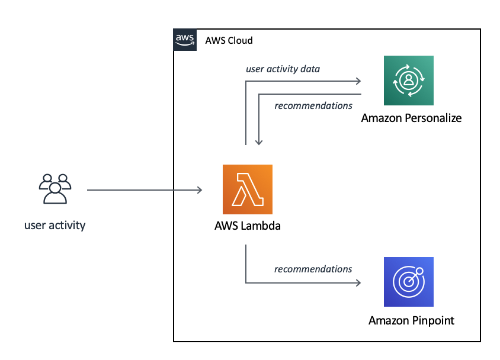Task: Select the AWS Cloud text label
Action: pyautogui.click(x=229, y=40)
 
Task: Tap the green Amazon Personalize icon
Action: pyautogui.click(x=408, y=81)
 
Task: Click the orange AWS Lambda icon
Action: pyautogui.click(x=247, y=189)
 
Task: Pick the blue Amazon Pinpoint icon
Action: pyautogui.click(x=408, y=282)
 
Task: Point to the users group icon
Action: pyautogui.click(x=55, y=189)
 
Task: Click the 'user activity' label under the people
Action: pyautogui.click(x=55, y=225)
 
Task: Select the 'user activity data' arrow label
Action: pyautogui.click(x=283, y=69)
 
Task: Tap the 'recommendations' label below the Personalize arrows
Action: pyautogui.click(x=313, y=105)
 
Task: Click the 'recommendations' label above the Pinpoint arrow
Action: pyautogui.click(x=313, y=269)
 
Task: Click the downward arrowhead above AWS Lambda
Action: pyautogui.click(x=258, y=142)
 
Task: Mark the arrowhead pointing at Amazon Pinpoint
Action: pyautogui.click(x=358, y=283)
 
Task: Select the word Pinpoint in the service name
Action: pyautogui.click(x=431, y=320)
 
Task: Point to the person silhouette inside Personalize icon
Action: pyautogui.click(x=408, y=79)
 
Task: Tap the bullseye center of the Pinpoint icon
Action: pyautogui.click(x=406, y=284)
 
